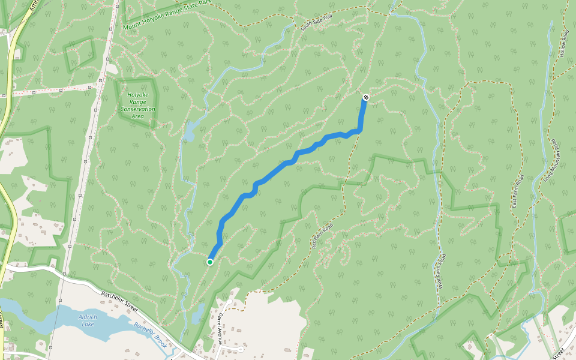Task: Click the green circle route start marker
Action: tap(210, 262)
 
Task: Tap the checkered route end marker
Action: tap(366, 97)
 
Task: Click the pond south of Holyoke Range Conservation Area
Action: tap(190, 131)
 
